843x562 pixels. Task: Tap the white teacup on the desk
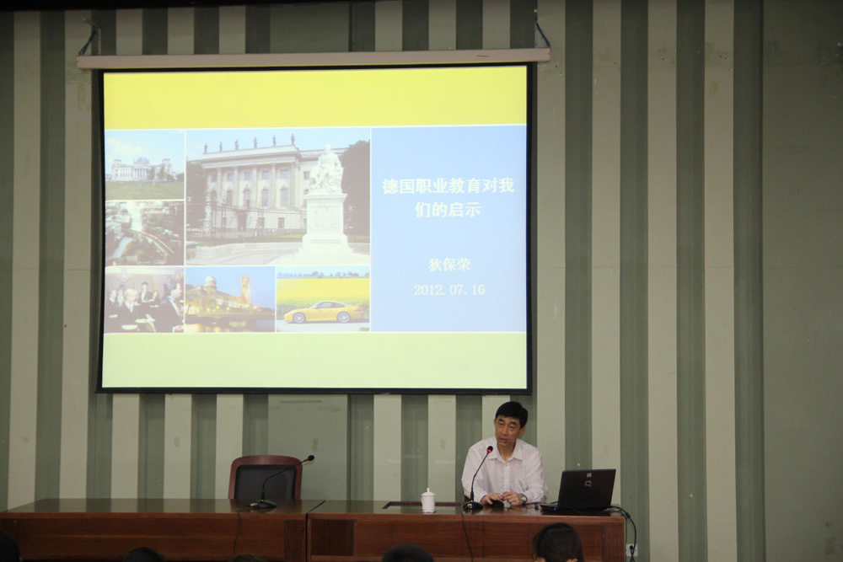428,500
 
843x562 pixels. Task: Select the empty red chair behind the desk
266,478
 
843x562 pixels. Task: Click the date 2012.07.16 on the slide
449,290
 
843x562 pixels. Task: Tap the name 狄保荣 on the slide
449,265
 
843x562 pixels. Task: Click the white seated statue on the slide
326,170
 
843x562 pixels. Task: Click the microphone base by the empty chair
263,504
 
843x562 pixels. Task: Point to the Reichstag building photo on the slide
145,164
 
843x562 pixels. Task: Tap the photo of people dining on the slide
144,300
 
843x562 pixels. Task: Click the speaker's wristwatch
523,499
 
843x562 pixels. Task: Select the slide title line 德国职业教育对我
448,186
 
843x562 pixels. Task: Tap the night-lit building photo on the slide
229,299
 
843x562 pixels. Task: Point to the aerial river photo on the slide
145,233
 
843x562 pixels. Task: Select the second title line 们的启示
448,210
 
